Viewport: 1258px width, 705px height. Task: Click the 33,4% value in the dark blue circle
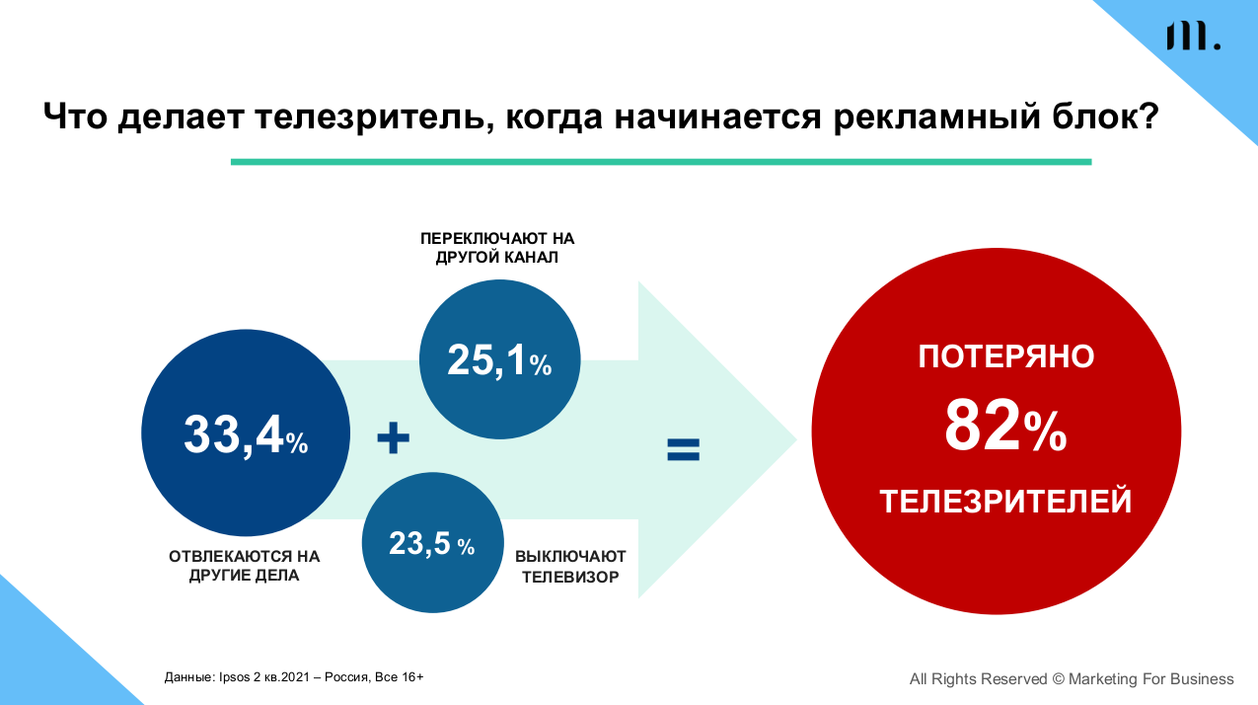246,435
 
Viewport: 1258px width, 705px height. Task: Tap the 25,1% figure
499,361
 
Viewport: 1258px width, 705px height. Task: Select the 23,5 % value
431,543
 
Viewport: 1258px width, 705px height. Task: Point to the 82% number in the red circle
1004,427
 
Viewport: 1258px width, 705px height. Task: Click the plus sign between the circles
393,438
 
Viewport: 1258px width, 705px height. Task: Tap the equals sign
683,450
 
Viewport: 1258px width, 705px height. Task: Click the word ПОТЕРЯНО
1005,356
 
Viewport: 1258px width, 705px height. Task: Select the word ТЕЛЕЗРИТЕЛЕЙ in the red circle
1005,502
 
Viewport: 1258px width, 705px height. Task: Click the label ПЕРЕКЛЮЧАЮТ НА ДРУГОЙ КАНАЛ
497,249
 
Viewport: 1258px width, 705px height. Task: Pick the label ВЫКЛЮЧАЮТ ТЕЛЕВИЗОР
570,566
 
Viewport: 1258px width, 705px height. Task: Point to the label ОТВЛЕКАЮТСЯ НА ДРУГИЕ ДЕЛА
245,566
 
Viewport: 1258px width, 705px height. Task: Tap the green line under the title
660,161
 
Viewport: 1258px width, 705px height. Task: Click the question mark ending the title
1147,116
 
